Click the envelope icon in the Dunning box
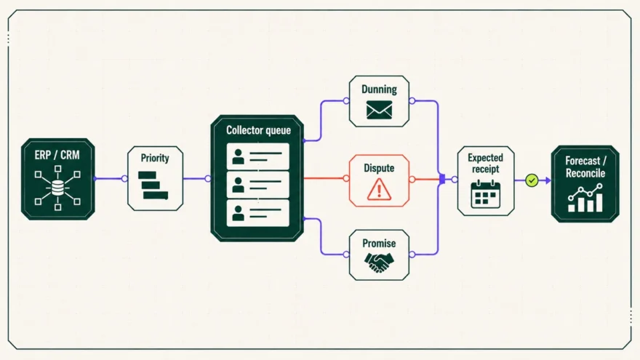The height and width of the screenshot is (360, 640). [379, 110]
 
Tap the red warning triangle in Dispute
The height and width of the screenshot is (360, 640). [379, 191]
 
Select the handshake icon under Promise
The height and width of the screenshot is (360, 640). [379, 262]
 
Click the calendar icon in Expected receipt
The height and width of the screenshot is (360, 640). [486, 194]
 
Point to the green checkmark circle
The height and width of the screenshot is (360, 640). [532, 180]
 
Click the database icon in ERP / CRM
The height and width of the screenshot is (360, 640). [57, 188]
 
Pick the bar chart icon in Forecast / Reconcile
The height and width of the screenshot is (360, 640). [585, 198]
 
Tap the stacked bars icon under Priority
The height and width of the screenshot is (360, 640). [153, 185]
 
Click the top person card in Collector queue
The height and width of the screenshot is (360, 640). [258, 156]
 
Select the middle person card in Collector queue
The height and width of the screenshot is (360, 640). [258, 185]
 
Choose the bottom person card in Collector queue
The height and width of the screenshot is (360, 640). [258, 212]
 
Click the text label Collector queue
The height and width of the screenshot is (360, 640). [258, 130]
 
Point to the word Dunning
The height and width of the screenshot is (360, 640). [379, 89]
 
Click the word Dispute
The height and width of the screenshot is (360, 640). [379, 168]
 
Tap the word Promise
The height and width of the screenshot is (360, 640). [379, 243]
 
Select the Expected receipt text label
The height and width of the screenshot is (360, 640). [485, 163]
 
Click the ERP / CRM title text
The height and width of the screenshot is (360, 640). [57, 155]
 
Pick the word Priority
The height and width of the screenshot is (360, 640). [155, 158]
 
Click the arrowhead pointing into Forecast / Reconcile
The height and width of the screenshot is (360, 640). [548, 180]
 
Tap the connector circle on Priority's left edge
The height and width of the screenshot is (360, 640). [124, 178]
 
